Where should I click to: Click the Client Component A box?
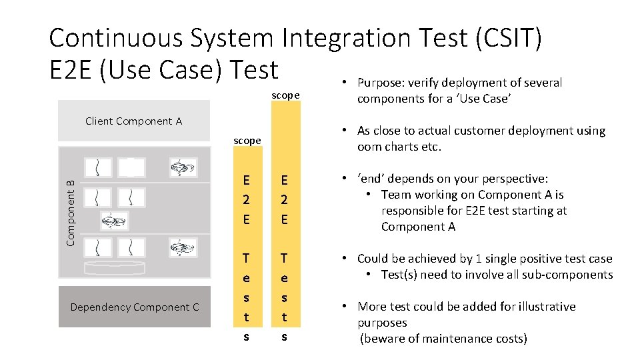click(133, 121)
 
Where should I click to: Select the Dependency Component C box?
click(134, 307)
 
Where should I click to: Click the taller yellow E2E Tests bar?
click(285, 220)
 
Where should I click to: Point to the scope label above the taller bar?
click(285, 95)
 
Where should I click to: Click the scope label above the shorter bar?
click(247, 141)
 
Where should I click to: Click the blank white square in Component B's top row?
click(131, 167)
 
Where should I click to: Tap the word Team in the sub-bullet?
click(395, 195)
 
